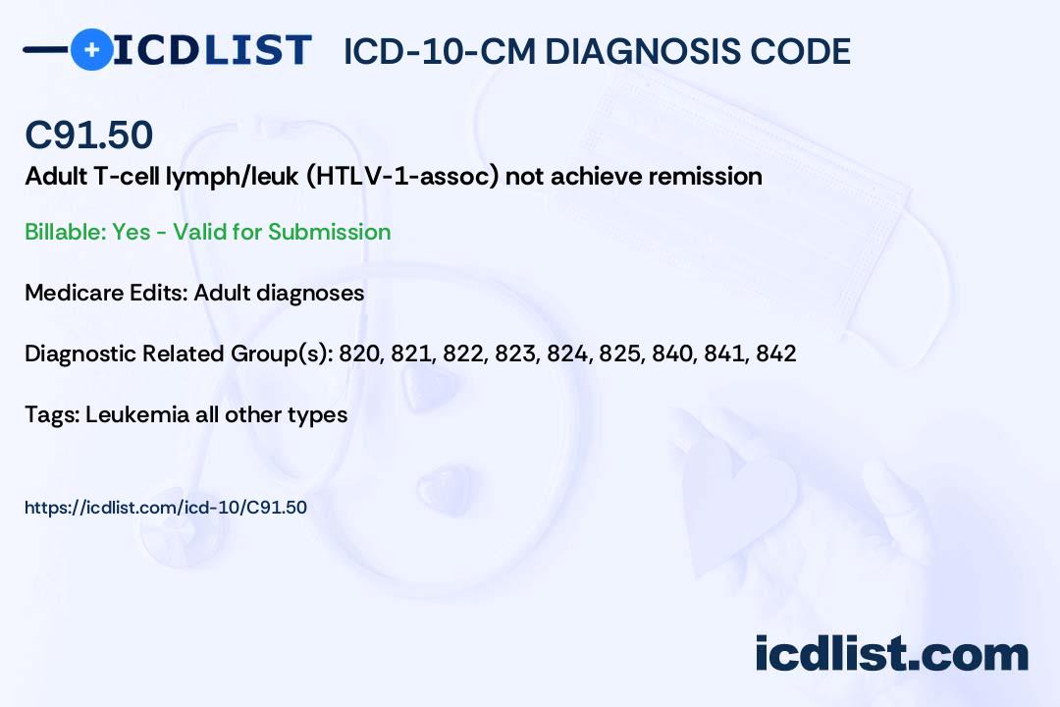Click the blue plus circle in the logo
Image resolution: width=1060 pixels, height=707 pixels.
(x=91, y=49)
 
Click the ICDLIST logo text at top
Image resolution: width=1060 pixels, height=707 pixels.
(x=212, y=50)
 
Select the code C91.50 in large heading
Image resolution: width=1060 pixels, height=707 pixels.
(x=88, y=136)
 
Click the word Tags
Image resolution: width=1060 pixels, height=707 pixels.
(x=49, y=414)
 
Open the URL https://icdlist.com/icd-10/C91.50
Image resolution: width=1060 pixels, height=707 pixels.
(x=166, y=508)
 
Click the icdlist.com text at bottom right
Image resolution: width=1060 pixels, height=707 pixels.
(x=891, y=653)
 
